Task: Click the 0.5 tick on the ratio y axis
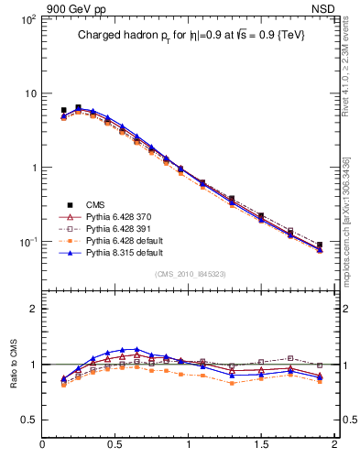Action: [28, 419]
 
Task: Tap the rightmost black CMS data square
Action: [320, 245]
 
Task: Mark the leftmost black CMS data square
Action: [63, 110]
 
